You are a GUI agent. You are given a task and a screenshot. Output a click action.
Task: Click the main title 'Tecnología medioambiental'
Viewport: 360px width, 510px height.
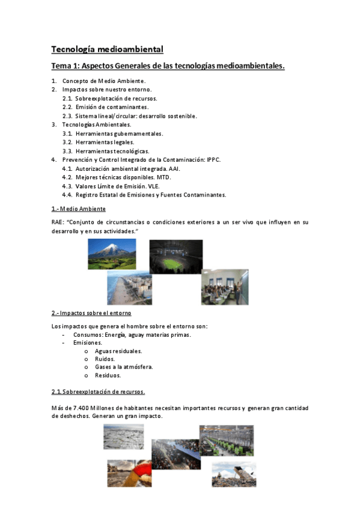(107, 49)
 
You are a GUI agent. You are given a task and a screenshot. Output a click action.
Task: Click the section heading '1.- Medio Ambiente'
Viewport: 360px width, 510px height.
(78, 208)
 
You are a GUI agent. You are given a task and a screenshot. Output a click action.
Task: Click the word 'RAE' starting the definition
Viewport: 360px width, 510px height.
(58, 223)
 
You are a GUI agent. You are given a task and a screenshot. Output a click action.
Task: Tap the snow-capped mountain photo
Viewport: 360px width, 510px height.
(112, 253)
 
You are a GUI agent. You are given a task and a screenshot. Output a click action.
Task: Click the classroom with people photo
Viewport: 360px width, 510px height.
(224, 286)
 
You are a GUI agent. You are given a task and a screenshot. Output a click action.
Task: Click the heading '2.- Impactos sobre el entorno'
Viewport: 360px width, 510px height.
(91, 313)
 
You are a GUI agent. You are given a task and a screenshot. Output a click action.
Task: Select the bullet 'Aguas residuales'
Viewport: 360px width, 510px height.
(118, 351)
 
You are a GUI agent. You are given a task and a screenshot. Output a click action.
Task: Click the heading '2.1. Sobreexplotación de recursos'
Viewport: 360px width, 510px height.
(98, 392)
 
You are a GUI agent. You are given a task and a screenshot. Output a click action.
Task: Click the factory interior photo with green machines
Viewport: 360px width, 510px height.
(226, 440)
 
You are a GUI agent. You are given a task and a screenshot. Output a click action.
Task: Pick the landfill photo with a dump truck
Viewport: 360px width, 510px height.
(233, 474)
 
